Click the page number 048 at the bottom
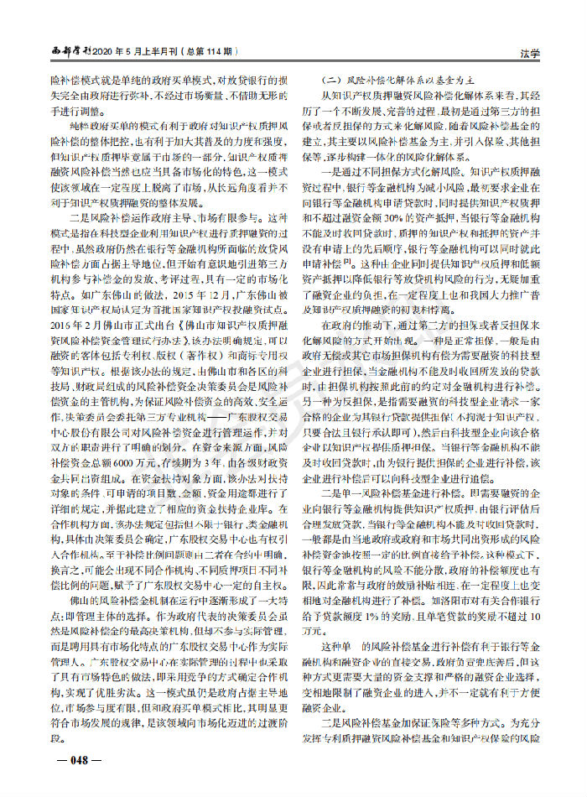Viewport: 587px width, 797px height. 79,760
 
